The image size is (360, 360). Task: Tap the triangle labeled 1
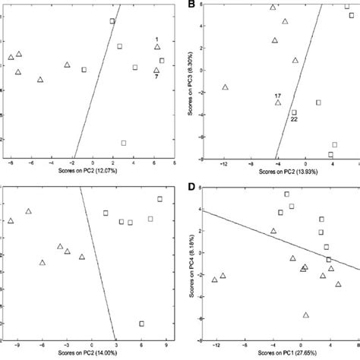tap(157, 47)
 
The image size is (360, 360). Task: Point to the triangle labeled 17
tap(279, 103)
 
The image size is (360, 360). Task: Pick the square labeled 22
tap(294, 112)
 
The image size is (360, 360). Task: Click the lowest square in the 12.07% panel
tap(123, 143)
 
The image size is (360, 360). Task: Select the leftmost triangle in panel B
tap(226, 87)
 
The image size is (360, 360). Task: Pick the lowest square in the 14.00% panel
tap(141, 324)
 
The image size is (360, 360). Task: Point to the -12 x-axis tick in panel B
tap(224, 163)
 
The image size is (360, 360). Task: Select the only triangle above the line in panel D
tap(273, 231)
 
